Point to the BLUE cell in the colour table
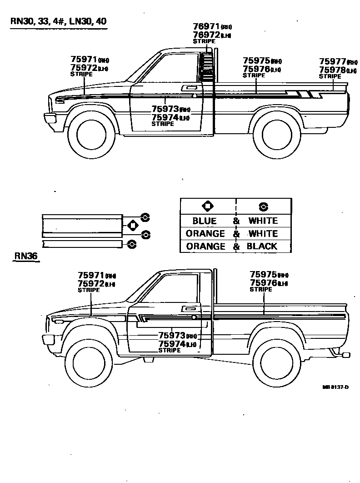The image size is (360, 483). pyautogui.click(x=205, y=221)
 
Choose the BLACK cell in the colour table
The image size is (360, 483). pyautogui.click(x=262, y=247)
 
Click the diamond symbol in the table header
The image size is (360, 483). pyautogui.click(x=207, y=206)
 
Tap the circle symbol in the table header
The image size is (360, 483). pyautogui.click(x=263, y=207)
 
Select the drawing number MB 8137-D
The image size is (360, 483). pyautogui.click(x=335, y=387)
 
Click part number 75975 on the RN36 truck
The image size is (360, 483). pyautogui.click(x=263, y=274)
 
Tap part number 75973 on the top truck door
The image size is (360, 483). pyautogui.click(x=165, y=109)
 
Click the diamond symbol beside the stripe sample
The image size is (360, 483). pyautogui.click(x=133, y=225)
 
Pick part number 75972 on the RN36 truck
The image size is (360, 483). pyautogui.click(x=91, y=284)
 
